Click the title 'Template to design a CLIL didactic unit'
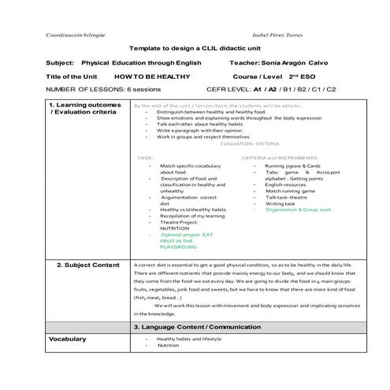[x=194, y=48]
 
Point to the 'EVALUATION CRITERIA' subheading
[x=251, y=144]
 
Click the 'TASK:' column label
[x=147, y=158]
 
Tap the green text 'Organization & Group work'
[x=299, y=210]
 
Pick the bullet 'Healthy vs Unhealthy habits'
[x=192, y=210]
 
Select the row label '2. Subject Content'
[x=88, y=266]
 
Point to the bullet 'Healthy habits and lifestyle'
[x=189, y=338]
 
